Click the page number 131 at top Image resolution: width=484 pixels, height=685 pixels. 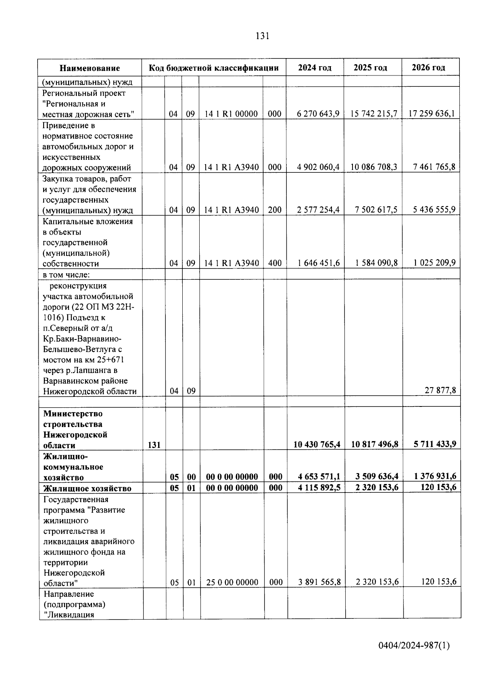[x=262, y=36]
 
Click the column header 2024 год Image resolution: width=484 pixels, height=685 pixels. [x=315, y=67]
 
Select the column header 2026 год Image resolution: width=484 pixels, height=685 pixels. [x=428, y=67]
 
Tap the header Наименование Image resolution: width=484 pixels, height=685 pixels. [x=90, y=68]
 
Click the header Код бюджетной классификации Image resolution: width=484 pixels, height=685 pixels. [x=214, y=67]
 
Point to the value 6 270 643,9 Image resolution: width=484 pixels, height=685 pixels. [x=318, y=114]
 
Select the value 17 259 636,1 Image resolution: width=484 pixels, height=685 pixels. [x=432, y=114]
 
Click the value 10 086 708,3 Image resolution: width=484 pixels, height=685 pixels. [x=373, y=167]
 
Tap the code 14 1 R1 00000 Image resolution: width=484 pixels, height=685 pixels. [x=231, y=114]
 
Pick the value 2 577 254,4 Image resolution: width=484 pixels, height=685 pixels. [x=318, y=209]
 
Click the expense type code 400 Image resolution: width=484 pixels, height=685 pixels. [x=275, y=263]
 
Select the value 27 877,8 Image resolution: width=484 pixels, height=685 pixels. [x=440, y=390]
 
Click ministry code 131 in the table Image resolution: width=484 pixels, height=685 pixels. [x=154, y=445]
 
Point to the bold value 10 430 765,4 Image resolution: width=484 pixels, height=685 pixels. [x=317, y=444]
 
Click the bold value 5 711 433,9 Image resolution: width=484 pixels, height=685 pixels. [x=435, y=444]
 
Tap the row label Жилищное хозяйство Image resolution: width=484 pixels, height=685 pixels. [x=88, y=488]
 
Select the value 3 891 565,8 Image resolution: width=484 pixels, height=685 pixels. [x=319, y=582]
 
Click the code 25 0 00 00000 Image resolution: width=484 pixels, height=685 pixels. [x=232, y=582]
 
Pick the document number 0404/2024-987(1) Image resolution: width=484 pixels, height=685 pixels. [x=414, y=645]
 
